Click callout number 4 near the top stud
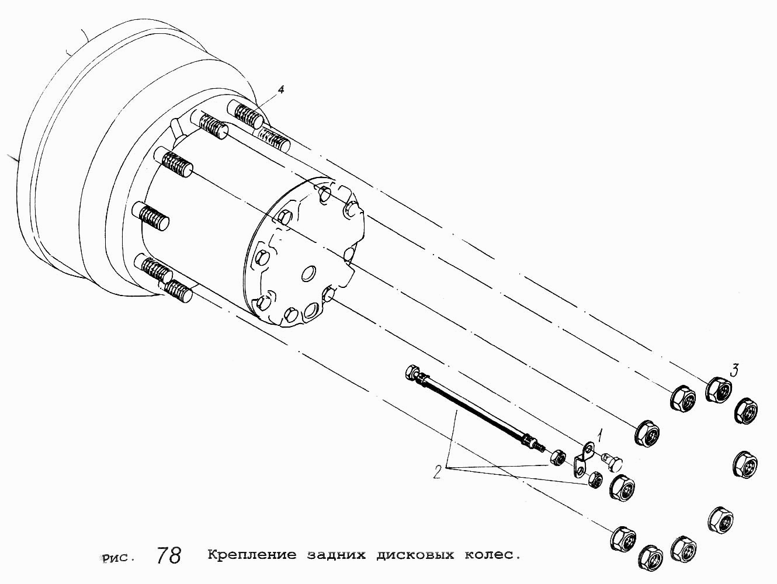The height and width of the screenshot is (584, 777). pyautogui.click(x=280, y=90)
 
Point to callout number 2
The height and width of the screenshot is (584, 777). pyautogui.click(x=438, y=472)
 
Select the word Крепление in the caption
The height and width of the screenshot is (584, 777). pyautogui.click(x=252, y=555)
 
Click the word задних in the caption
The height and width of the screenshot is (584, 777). pyautogui.click(x=336, y=555)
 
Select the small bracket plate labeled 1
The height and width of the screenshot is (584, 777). pyautogui.click(x=584, y=460)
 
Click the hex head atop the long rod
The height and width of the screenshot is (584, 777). pyautogui.click(x=412, y=372)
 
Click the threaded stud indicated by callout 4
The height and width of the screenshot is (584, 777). pyautogui.click(x=245, y=114)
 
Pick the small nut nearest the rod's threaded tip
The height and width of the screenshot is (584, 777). pyautogui.click(x=558, y=457)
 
